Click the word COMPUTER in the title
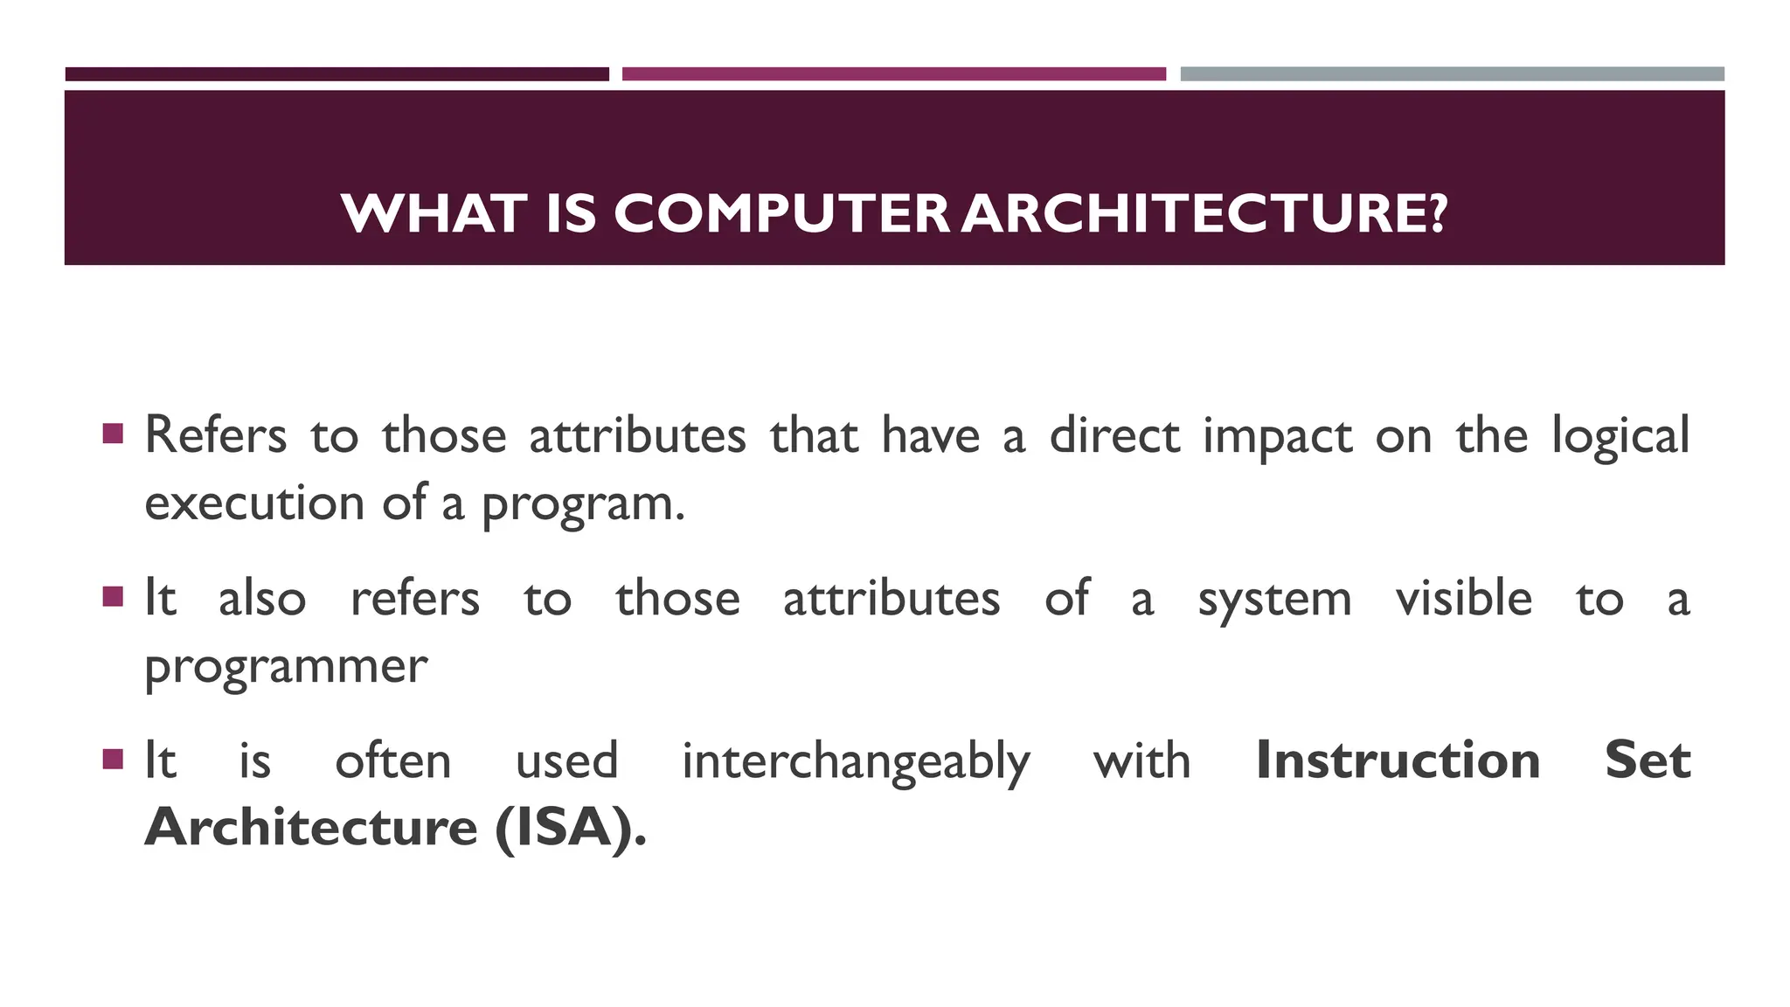(781, 213)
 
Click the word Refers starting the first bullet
(215, 434)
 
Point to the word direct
(1114, 434)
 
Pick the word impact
(1277, 436)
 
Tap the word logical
(1620, 436)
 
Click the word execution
(254, 503)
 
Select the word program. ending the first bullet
(583, 504)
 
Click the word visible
(1464, 598)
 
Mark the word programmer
(286, 667)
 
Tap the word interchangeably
(856, 761)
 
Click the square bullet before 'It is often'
(113, 758)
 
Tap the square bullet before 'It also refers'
(113, 596)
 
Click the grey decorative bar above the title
(1452, 74)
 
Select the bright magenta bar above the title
(893, 74)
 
